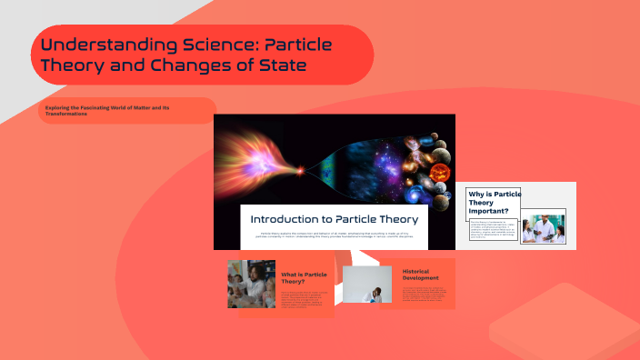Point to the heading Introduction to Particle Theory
(334, 219)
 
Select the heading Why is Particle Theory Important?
(494, 203)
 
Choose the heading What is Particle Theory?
(304, 277)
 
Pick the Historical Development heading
(421, 274)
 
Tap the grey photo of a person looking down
(366, 284)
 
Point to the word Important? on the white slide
(490, 211)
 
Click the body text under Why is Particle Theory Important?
(489, 229)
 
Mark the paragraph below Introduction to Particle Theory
(334, 235)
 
